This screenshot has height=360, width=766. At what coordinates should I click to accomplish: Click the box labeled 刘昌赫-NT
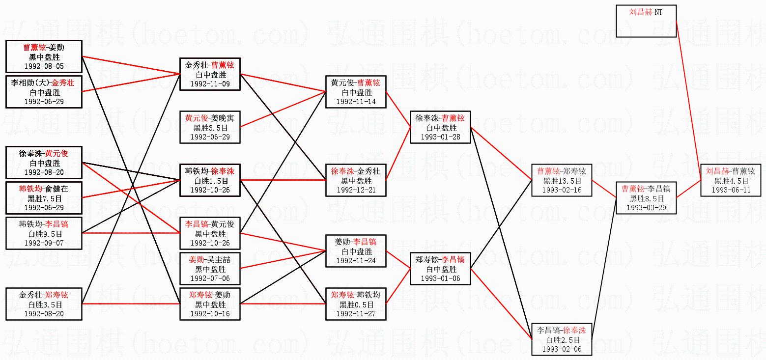[x=646, y=21]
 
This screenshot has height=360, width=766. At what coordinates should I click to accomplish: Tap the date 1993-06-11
[x=731, y=190]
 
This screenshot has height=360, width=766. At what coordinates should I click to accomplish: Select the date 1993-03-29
[x=646, y=208]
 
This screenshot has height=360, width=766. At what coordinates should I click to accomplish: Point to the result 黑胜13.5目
[x=562, y=181]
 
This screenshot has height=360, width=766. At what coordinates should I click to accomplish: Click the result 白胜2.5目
[x=562, y=340]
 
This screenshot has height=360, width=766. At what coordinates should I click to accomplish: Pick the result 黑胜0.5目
[x=356, y=305]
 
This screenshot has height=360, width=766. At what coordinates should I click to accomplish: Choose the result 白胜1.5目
[x=210, y=181]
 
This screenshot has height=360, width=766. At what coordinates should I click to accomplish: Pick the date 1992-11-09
[x=210, y=84]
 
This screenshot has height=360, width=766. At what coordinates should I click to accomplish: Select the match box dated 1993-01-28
[x=440, y=127]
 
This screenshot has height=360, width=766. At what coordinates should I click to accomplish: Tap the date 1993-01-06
[x=440, y=278]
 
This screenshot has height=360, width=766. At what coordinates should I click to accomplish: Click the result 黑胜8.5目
[x=646, y=198]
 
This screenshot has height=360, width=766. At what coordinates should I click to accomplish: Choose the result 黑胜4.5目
[x=731, y=181]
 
